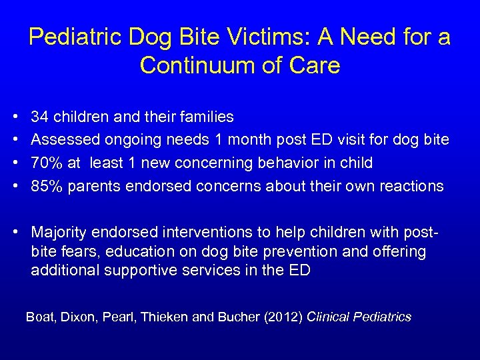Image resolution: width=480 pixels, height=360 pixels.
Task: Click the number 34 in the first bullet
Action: click(39, 117)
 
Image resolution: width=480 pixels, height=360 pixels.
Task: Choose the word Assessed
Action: click(64, 140)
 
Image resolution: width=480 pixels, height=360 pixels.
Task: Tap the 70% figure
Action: click(44, 163)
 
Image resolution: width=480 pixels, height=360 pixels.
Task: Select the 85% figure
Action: click(44, 185)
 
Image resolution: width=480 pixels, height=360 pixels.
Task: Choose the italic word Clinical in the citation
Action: click(329, 317)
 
